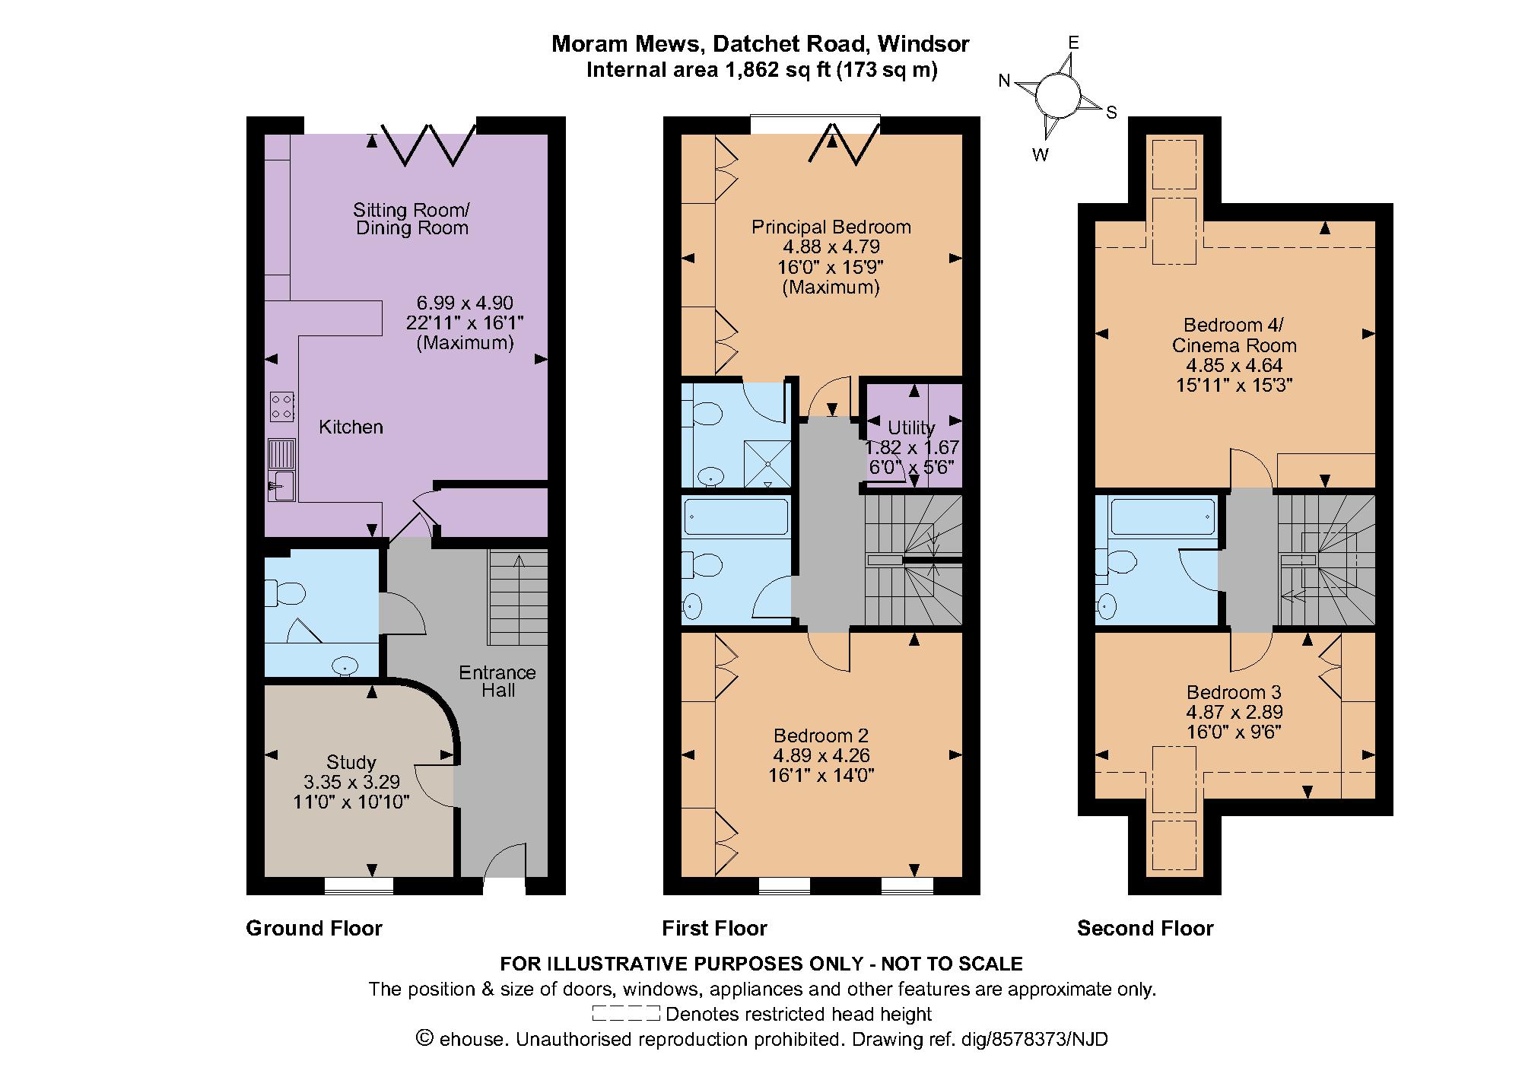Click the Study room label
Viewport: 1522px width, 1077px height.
(351, 762)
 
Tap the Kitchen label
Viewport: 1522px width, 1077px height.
(351, 427)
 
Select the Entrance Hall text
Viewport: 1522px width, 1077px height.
(497, 681)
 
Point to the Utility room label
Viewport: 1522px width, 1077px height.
(911, 427)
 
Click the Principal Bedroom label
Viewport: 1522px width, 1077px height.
(831, 227)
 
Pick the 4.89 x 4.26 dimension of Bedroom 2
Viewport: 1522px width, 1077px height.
(821, 755)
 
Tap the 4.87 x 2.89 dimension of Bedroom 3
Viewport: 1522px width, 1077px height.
(1234, 712)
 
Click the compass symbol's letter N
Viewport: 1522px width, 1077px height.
(1004, 81)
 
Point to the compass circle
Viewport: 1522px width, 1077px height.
(1057, 95)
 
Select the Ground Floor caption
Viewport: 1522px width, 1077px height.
(314, 928)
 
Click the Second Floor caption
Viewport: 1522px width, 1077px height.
(1145, 928)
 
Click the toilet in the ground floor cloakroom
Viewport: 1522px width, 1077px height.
(284, 593)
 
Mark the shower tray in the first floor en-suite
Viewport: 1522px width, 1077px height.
(767, 463)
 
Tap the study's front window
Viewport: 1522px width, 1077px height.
(359, 885)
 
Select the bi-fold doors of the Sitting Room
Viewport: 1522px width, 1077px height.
(428, 143)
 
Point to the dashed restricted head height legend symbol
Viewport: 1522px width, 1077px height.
(625, 1014)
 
